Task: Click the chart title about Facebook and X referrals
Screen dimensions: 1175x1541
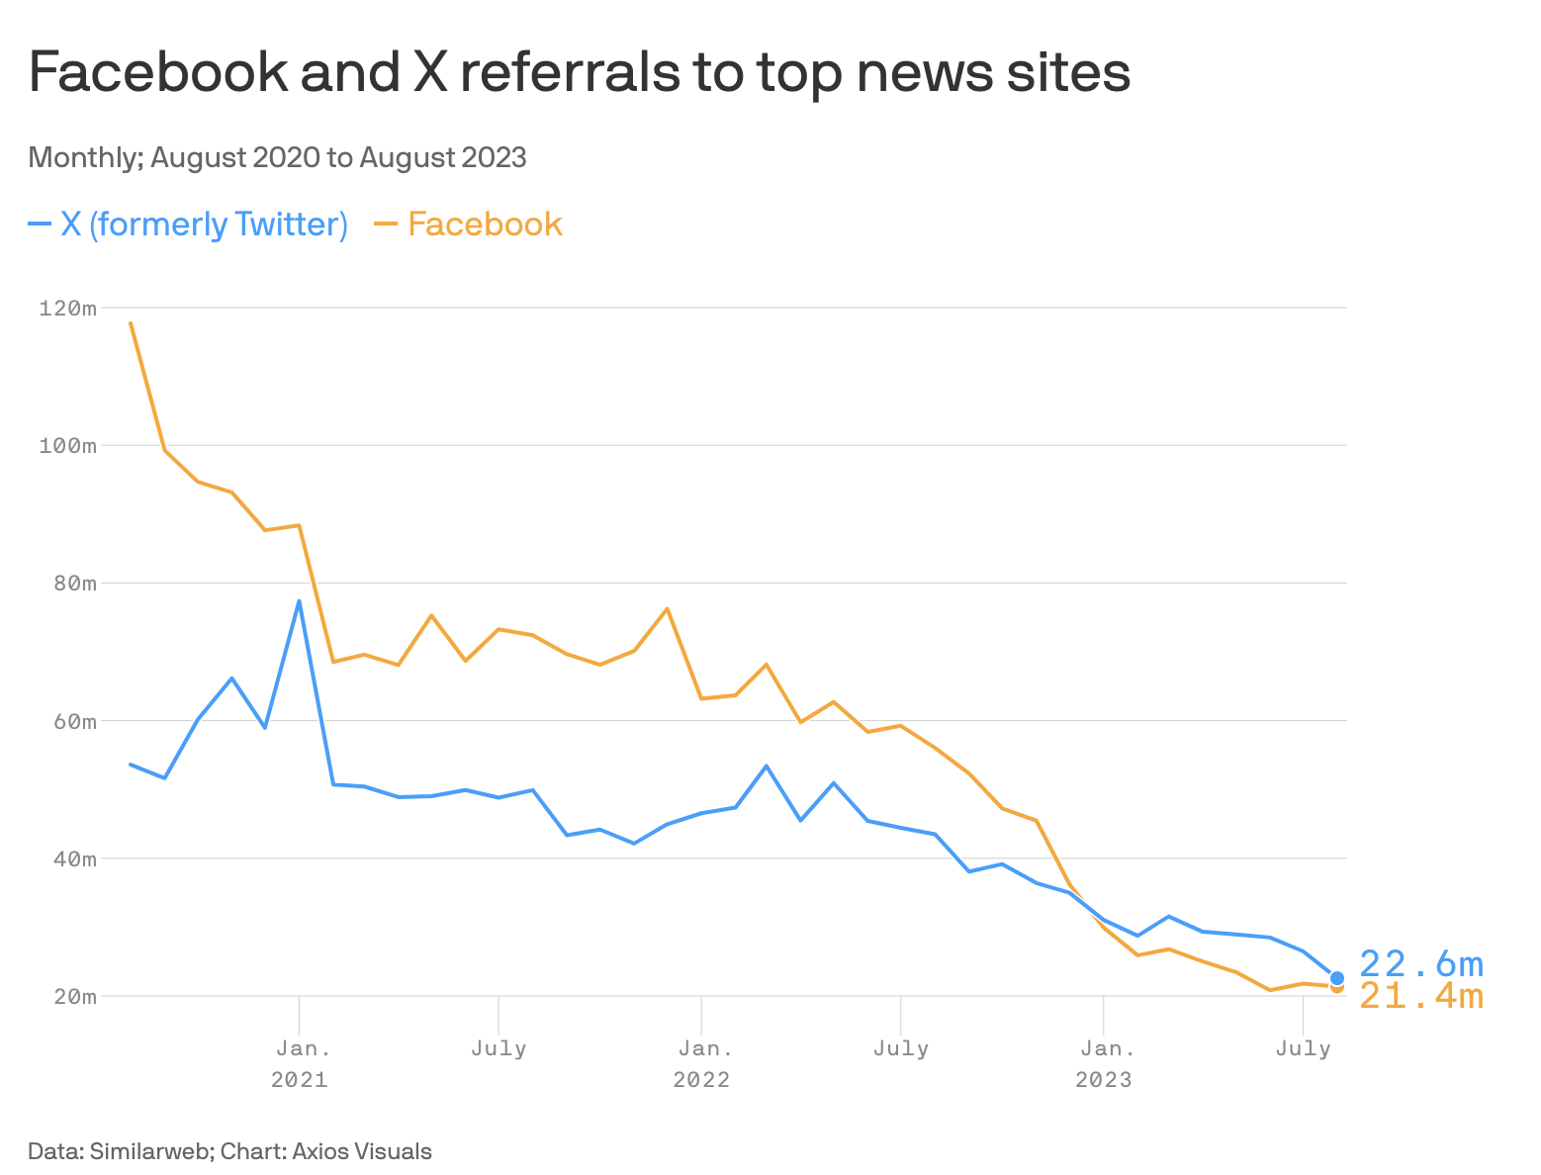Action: pyautogui.click(x=579, y=72)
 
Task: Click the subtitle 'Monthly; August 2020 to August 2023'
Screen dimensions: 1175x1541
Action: pyautogui.click(x=277, y=157)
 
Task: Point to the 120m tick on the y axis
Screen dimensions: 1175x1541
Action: pyautogui.click(x=67, y=309)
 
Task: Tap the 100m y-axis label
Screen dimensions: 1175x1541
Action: pyautogui.click(x=67, y=446)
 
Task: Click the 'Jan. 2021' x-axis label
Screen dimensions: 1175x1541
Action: pyautogui.click(x=300, y=1063)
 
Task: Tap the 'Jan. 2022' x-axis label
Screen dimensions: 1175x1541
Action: pyautogui.click(x=701, y=1063)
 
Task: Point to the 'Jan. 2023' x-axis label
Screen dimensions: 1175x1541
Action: pyautogui.click(x=1104, y=1063)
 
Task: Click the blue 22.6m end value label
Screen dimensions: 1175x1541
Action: pyautogui.click(x=1421, y=963)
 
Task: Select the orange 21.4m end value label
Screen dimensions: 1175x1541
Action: pyautogui.click(x=1421, y=997)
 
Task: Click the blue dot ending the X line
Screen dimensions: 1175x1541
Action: pyautogui.click(x=1337, y=978)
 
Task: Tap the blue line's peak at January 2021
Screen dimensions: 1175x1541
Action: pyautogui.click(x=299, y=600)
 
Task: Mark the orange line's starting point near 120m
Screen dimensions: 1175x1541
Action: pyautogui.click(x=131, y=322)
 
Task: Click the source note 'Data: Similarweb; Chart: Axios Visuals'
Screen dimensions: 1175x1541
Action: pyautogui.click(x=229, y=1151)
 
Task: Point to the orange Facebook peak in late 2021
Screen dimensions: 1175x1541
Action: pyautogui.click(x=667, y=608)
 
